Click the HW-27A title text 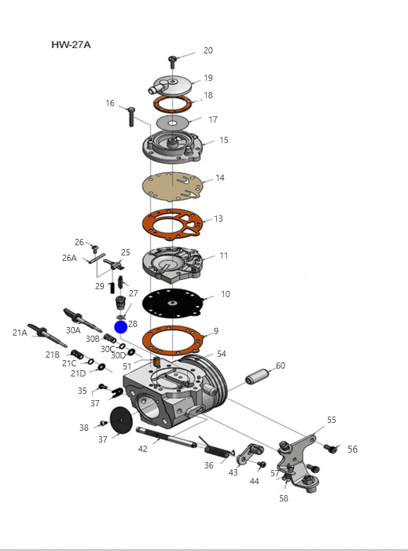[x=71, y=45]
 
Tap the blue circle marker [x=121, y=327]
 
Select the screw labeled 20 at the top [x=172, y=62]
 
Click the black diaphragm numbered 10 [x=172, y=303]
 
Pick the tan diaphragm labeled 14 [x=172, y=186]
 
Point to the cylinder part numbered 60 [x=257, y=377]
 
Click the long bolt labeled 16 [x=131, y=117]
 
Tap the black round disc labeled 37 [x=121, y=420]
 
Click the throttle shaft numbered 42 [x=167, y=438]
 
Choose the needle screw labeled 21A [x=47, y=335]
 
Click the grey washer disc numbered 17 [x=172, y=123]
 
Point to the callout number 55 [x=332, y=420]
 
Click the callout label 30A [x=73, y=330]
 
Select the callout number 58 [x=284, y=498]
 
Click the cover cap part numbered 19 [x=171, y=86]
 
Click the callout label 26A [x=69, y=258]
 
